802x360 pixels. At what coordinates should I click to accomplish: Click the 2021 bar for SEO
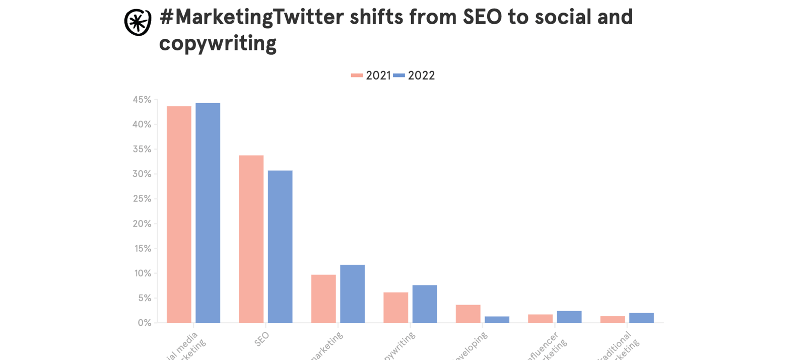pyautogui.click(x=251, y=239)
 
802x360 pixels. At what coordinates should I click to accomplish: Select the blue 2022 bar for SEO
pyautogui.click(x=280, y=246)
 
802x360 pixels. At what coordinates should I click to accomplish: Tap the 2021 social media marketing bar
pyautogui.click(x=179, y=214)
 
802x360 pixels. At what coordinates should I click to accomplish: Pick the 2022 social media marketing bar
pyautogui.click(x=208, y=212)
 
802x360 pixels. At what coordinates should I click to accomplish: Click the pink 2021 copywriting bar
pyautogui.click(x=395, y=307)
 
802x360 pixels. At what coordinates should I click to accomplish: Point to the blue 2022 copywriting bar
pyautogui.click(x=425, y=304)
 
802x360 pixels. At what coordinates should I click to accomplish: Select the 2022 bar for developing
pyautogui.click(x=497, y=319)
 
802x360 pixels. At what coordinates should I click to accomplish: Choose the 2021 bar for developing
pyautogui.click(x=468, y=313)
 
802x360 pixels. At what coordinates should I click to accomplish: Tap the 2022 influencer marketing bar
pyautogui.click(x=569, y=317)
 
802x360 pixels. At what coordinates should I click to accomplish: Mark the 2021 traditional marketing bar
pyautogui.click(x=613, y=319)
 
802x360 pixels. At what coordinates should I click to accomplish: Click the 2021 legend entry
pyautogui.click(x=371, y=76)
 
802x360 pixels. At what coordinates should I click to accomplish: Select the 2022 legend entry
pyautogui.click(x=414, y=76)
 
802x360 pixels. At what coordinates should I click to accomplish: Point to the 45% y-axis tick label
pyautogui.click(x=142, y=100)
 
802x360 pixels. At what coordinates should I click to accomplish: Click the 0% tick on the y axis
pyautogui.click(x=145, y=323)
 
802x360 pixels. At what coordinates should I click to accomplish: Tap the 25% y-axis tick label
pyautogui.click(x=142, y=199)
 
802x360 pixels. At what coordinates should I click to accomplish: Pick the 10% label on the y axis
pyautogui.click(x=142, y=273)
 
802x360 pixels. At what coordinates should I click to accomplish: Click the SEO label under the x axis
pyautogui.click(x=262, y=339)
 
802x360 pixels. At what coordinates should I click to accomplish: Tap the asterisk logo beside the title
pyautogui.click(x=138, y=22)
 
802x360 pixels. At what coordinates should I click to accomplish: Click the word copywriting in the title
pyautogui.click(x=218, y=43)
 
